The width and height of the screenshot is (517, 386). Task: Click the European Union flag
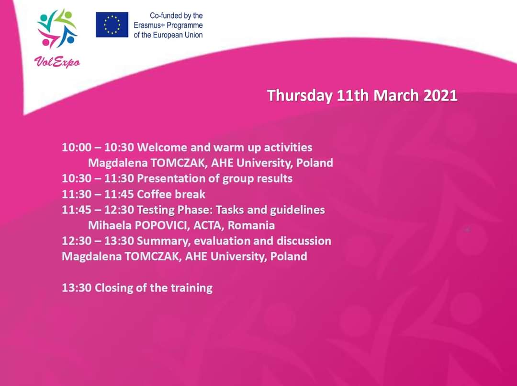click(x=112, y=25)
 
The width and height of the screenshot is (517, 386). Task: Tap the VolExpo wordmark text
click(x=57, y=62)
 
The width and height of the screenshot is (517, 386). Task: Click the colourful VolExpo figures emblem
click(x=56, y=28)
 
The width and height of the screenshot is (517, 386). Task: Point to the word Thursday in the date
click(x=300, y=95)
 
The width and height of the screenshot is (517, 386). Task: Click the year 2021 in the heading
click(x=440, y=95)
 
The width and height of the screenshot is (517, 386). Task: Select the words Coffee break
click(x=171, y=194)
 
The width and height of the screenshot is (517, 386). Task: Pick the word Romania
click(x=251, y=225)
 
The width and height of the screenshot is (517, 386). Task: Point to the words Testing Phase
click(x=176, y=210)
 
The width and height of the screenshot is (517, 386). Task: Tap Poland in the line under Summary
click(x=289, y=257)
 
